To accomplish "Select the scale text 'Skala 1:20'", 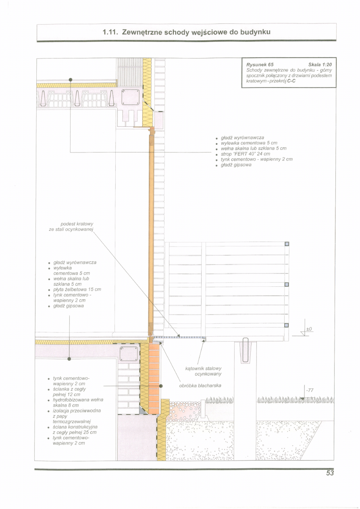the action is click(x=320, y=65).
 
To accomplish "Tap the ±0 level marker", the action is click(x=309, y=329).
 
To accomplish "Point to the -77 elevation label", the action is click(x=310, y=390).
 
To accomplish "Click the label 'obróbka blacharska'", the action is click(x=200, y=386).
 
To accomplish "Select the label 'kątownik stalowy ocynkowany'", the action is click(x=203, y=371).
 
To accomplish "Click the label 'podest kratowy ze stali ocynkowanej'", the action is click(x=71, y=227).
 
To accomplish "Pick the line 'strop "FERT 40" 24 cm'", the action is click(x=246, y=154).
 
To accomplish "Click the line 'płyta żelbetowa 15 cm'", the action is click(x=77, y=290).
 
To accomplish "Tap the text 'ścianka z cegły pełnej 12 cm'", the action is click(x=69, y=392).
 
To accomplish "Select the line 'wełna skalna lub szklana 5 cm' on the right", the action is click(x=254, y=148).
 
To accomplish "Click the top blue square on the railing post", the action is click(x=287, y=244).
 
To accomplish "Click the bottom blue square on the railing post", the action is click(x=287, y=325).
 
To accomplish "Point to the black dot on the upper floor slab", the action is click(x=71, y=79).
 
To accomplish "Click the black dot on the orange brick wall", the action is click(x=161, y=386).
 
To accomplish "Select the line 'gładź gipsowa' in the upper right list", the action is click(x=236, y=165).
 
